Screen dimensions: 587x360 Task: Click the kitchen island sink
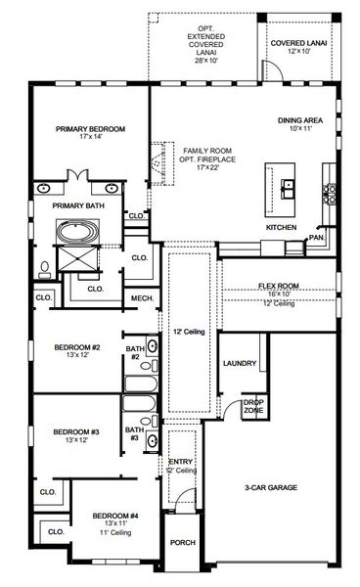[290, 185]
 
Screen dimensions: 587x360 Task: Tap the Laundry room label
[240, 364]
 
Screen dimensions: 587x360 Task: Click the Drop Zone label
[253, 406]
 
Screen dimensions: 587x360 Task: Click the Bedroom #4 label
[115, 519]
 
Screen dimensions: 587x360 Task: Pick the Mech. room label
[141, 297]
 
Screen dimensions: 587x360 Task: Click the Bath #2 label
[134, 352]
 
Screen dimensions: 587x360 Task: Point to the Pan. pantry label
[315, 237]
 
